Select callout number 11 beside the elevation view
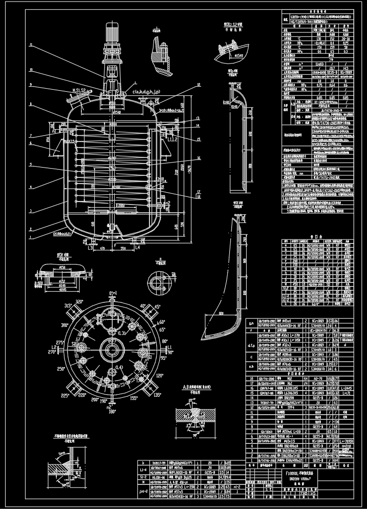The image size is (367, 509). [31, 46]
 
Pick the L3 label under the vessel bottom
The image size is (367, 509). [90, 248]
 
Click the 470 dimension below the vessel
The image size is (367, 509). [102, 249]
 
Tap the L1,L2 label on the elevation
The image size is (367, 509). [172, 139]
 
